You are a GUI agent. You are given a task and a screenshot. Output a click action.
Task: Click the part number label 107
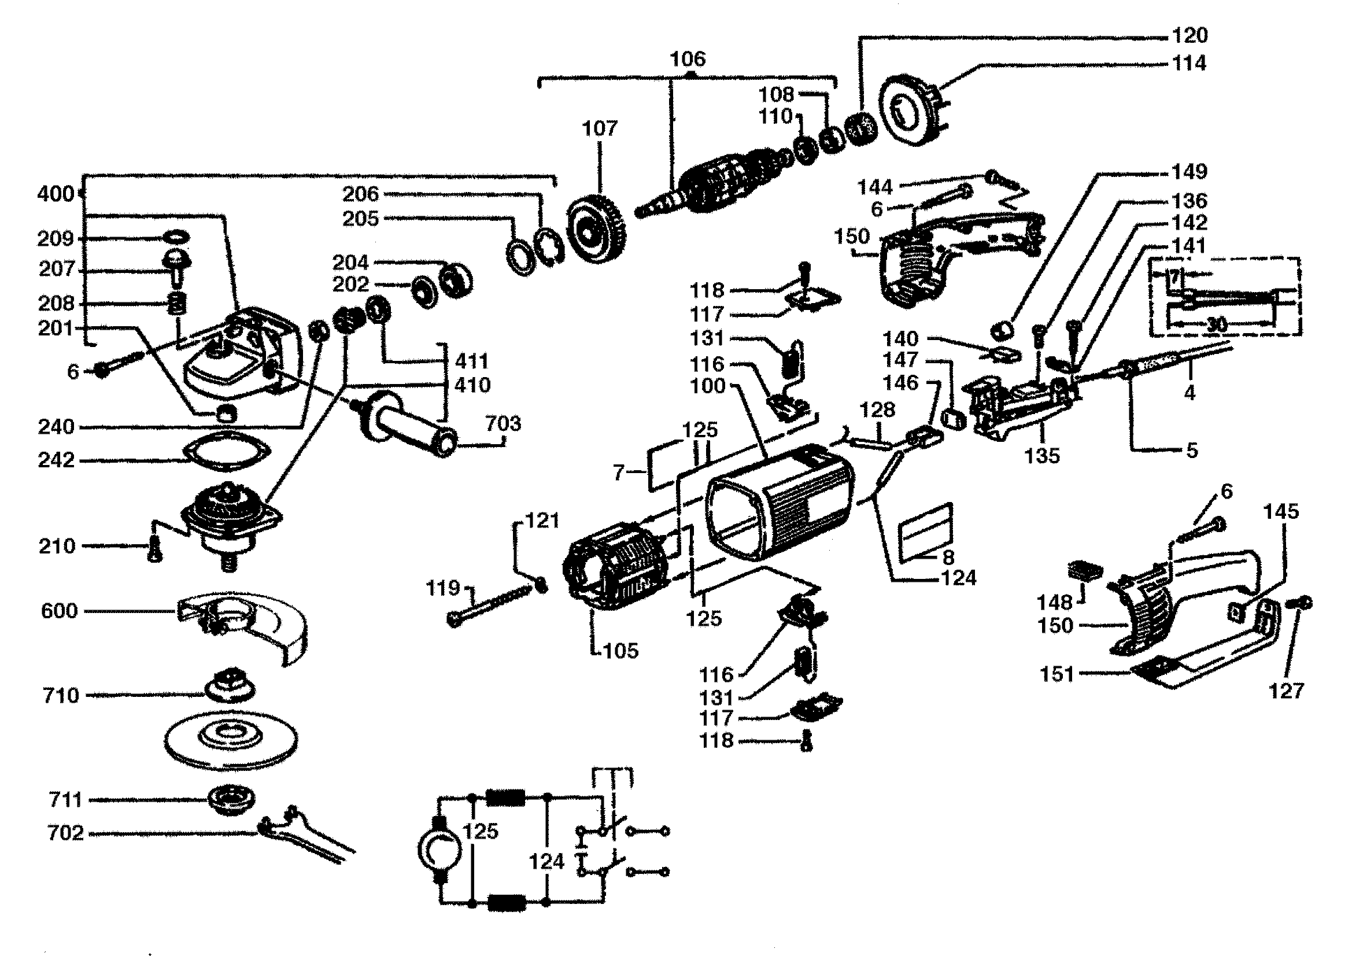click(600, 128)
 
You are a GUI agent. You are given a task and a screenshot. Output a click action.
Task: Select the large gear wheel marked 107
click(596, 229)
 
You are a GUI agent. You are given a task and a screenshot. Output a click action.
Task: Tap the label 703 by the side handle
click(504, 423)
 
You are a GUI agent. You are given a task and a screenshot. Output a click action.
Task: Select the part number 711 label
click(65, 800)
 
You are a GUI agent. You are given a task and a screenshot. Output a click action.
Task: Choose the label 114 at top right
click(1189, 63)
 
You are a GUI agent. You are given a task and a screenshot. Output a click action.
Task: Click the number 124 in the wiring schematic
click(546, 862)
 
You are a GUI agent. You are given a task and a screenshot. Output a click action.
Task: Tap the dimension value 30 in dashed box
click(1217, 324)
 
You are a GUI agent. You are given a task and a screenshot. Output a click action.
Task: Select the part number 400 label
click(56, 194)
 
